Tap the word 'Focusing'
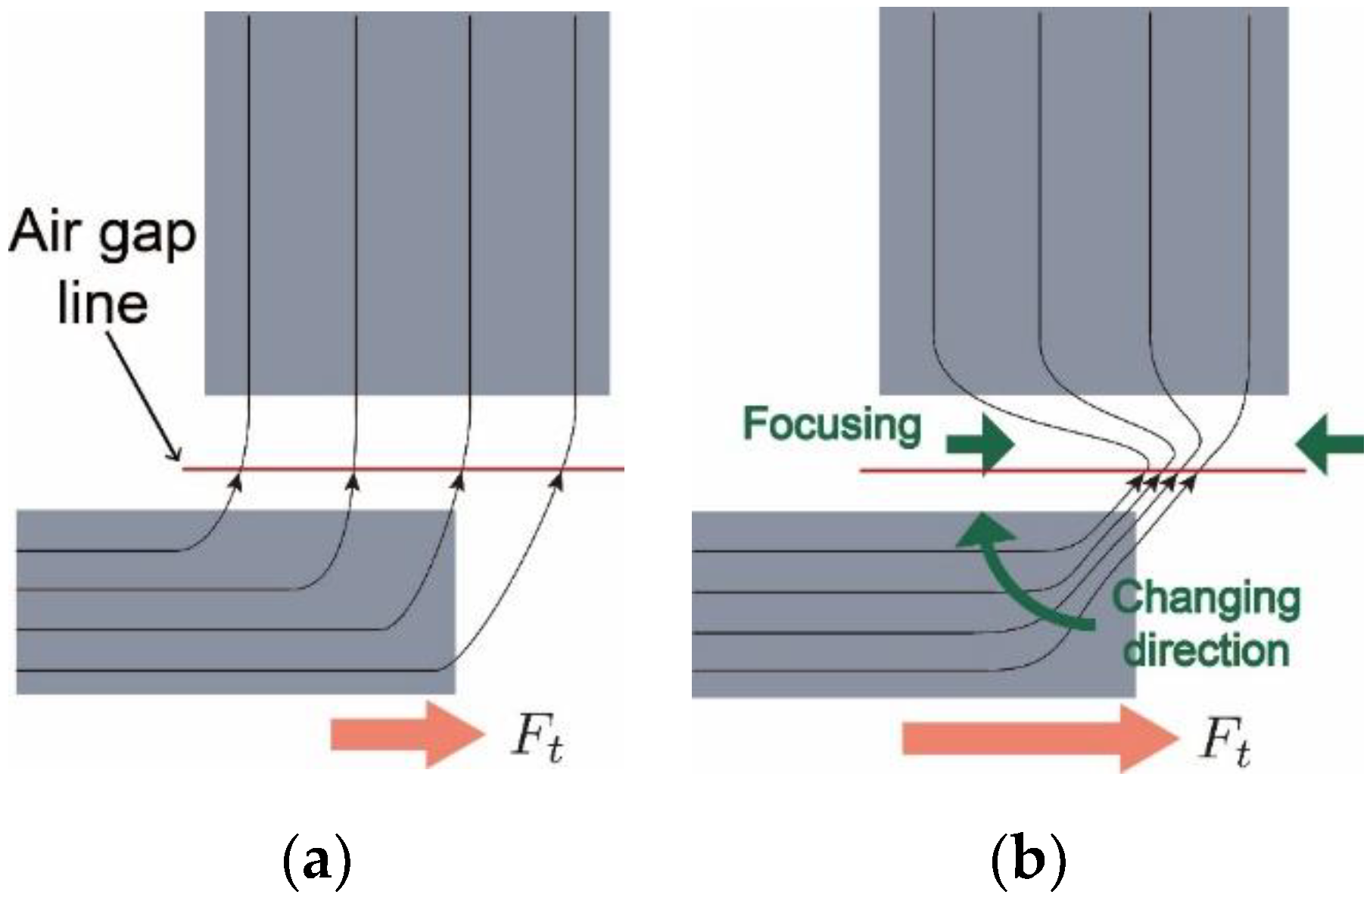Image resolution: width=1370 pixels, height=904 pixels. [832, 425]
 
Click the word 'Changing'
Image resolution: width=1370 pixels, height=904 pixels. [1205, 600]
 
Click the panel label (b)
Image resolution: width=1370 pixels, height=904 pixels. [1028, 864]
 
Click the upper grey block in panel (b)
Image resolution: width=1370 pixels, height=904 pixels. [1082, 189]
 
